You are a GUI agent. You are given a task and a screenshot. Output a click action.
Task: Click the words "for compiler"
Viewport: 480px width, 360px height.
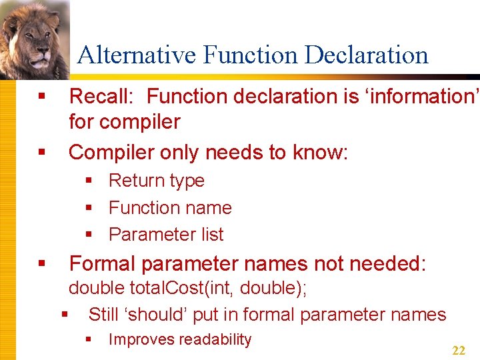pyautogui.click(x=125, y=122)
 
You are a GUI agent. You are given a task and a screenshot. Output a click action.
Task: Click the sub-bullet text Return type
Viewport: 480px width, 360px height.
pyautogui.click(x=156, y=181)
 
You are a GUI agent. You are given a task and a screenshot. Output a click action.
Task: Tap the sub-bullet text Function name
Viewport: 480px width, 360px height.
pyautogui.click(x=170, y=208)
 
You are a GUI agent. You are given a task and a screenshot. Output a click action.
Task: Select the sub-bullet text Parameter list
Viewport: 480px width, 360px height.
pyautogui.click(x=166, y=235)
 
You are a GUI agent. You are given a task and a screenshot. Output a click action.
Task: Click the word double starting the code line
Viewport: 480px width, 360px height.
pyautogui.click(x=97, y=289)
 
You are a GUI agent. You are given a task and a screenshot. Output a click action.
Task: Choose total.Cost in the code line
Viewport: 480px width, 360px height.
pyautogui.click(x=163, y=289)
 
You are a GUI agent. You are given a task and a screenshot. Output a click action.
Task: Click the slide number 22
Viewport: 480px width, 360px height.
pyautogui.click(x=459, y=351)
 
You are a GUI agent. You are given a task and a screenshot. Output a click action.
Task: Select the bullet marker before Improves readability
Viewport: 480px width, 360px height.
pyautogui.click(x=89, y=340)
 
